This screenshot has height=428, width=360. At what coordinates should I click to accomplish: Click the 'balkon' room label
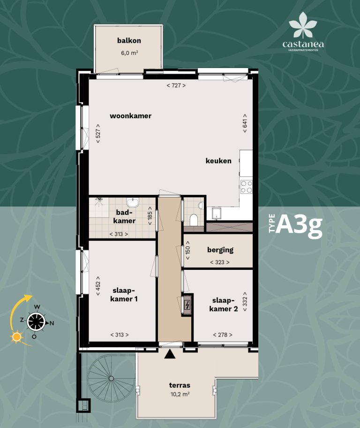(129, 41)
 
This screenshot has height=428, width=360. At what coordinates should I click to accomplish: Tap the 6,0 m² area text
(129, 53)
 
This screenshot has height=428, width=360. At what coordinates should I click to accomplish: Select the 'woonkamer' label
(131, 116)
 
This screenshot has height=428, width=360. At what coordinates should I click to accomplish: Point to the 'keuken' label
(218, 161)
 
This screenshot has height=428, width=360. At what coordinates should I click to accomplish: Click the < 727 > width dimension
(176, 85)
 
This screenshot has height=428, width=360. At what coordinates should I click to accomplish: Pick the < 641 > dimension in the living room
(245, 123)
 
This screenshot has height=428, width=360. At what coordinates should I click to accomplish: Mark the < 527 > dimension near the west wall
(98, 133)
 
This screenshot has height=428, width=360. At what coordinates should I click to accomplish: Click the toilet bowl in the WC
(194, 219)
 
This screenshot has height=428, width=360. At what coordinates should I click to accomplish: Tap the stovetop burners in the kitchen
(246, 187)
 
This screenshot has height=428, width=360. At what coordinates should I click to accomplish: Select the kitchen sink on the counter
(216, 214)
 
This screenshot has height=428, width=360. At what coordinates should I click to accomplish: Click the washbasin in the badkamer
(135, 202)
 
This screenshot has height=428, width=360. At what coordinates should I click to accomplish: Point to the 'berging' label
(220, 250)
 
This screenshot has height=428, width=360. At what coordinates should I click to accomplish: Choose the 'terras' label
(180, 385)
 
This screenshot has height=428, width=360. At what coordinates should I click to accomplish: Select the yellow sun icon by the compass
(17, 336)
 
